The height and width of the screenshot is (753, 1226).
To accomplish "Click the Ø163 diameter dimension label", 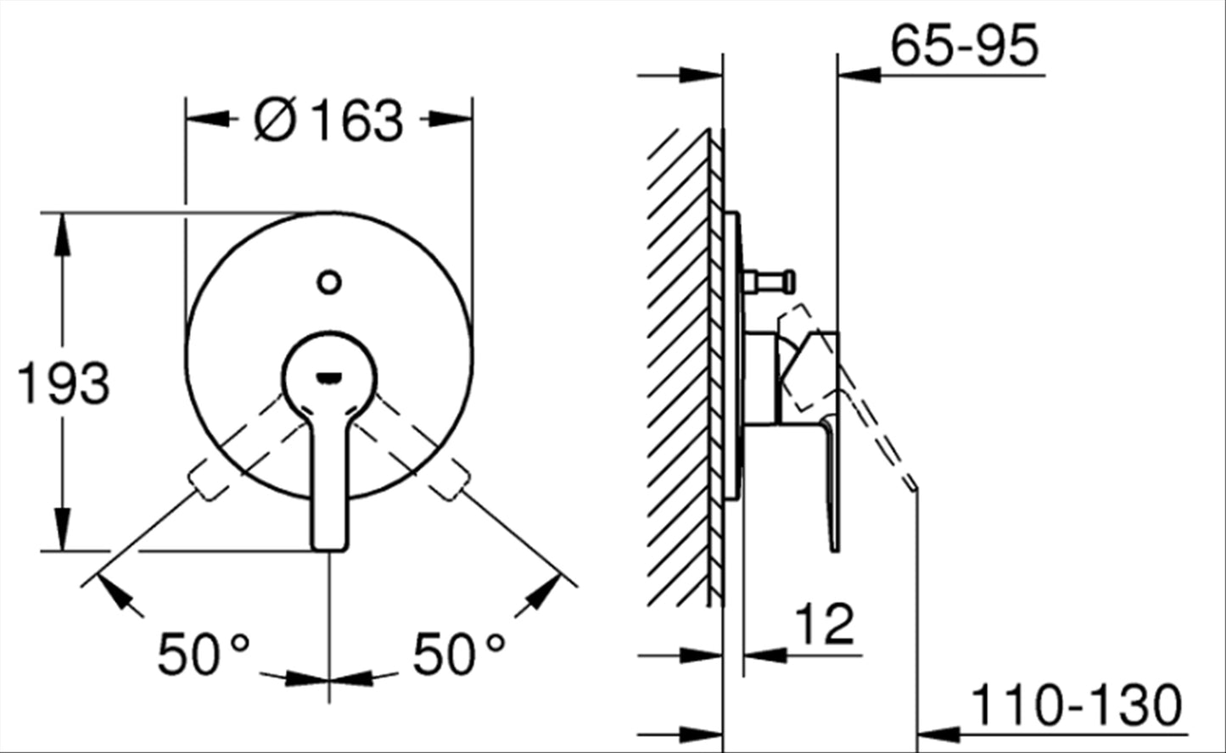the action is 329,120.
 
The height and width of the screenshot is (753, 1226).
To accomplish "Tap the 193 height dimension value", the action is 64,383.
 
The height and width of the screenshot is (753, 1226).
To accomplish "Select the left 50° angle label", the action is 204,654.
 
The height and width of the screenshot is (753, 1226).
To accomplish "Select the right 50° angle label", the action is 459,654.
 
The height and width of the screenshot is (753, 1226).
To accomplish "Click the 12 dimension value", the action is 824,624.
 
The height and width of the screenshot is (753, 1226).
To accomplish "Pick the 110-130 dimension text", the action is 1076,706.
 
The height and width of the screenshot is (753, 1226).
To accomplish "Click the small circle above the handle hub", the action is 329,282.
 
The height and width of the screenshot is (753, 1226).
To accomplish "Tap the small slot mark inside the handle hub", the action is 329,376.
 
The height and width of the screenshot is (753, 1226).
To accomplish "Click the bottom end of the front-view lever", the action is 329,549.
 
